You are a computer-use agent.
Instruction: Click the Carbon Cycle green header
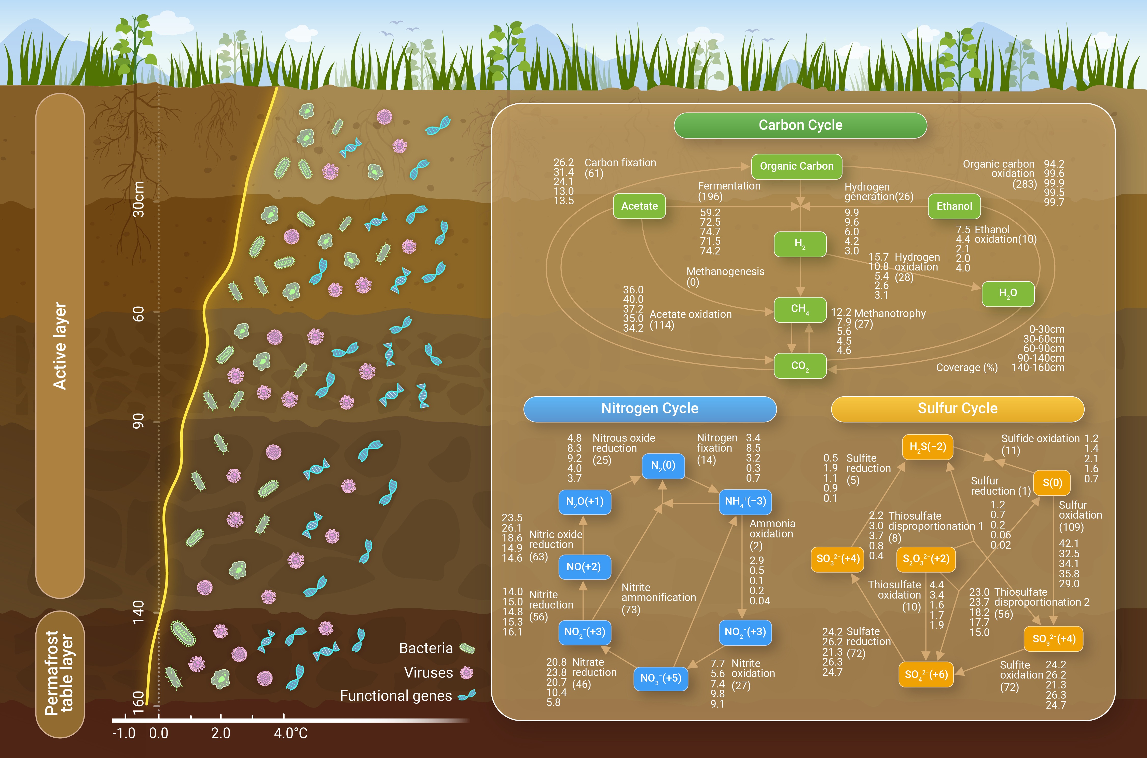[x=800, y=125]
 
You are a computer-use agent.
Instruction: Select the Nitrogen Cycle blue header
[x=650, y=409]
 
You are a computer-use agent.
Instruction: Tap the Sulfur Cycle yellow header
[x=958, y=409]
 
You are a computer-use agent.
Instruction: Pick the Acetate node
[x=639, y=206]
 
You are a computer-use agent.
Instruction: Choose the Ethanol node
[x=954, y=206]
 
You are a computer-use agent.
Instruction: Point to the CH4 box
[x=800, y=309]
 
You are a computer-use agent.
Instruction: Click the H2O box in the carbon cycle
[x=1008, y=293]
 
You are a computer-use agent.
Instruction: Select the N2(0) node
[x=663, y=466]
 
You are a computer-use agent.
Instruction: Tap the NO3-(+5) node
[x=660, y=678]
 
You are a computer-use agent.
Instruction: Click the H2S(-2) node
[x=928, y=447]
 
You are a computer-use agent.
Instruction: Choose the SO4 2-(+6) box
[x=926, y=674]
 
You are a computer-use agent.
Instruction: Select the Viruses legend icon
[x=466, y=672]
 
